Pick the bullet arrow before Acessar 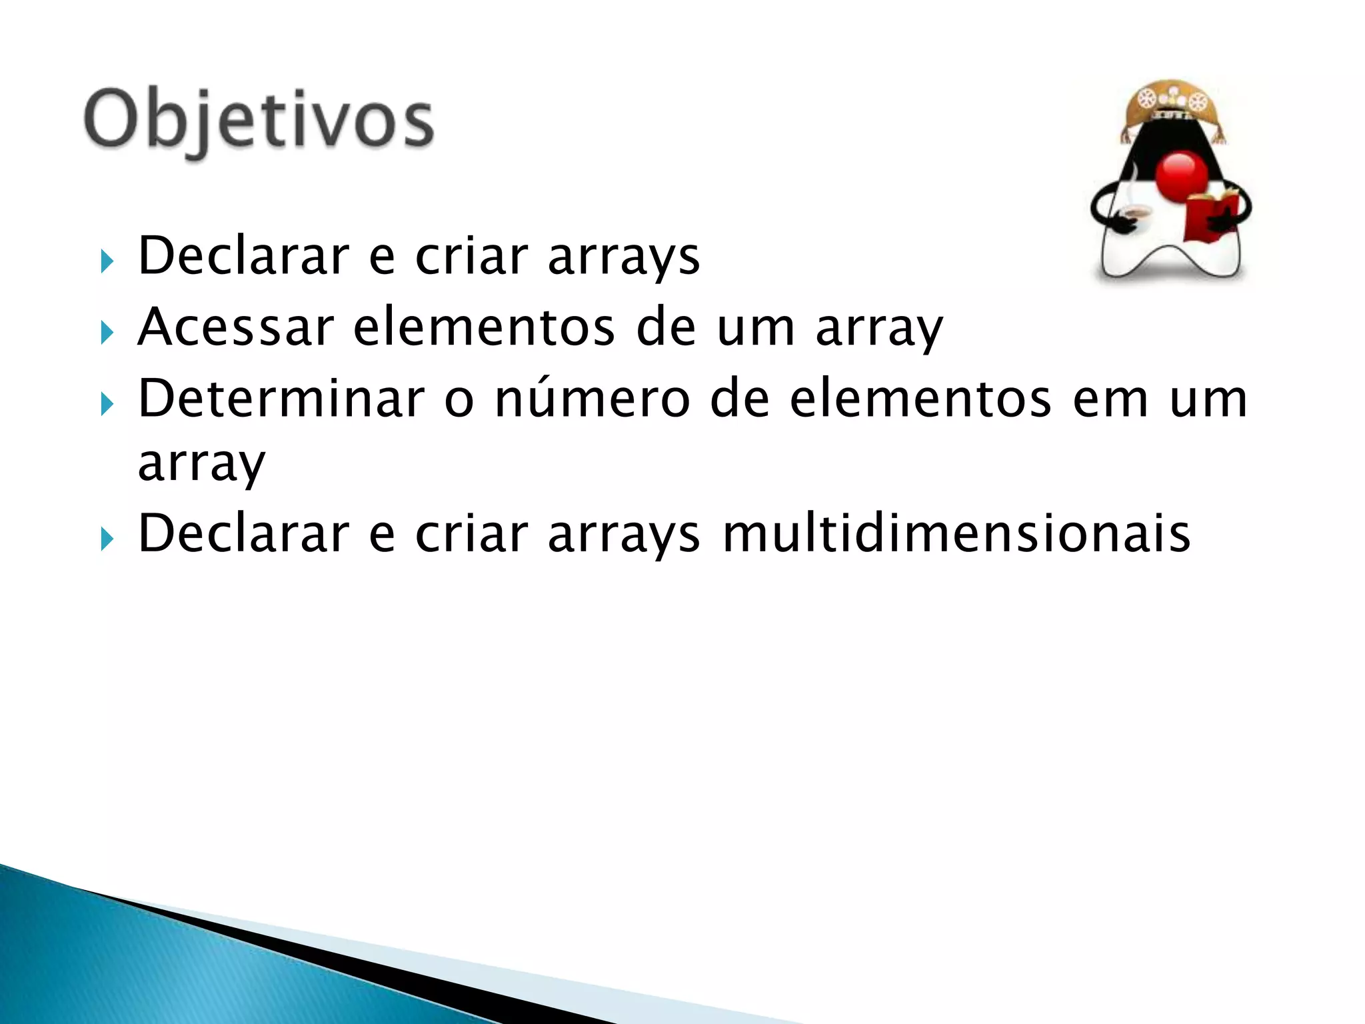107,331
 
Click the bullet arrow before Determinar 107,403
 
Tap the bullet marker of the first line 107,261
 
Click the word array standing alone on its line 201,465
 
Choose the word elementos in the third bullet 920,398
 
